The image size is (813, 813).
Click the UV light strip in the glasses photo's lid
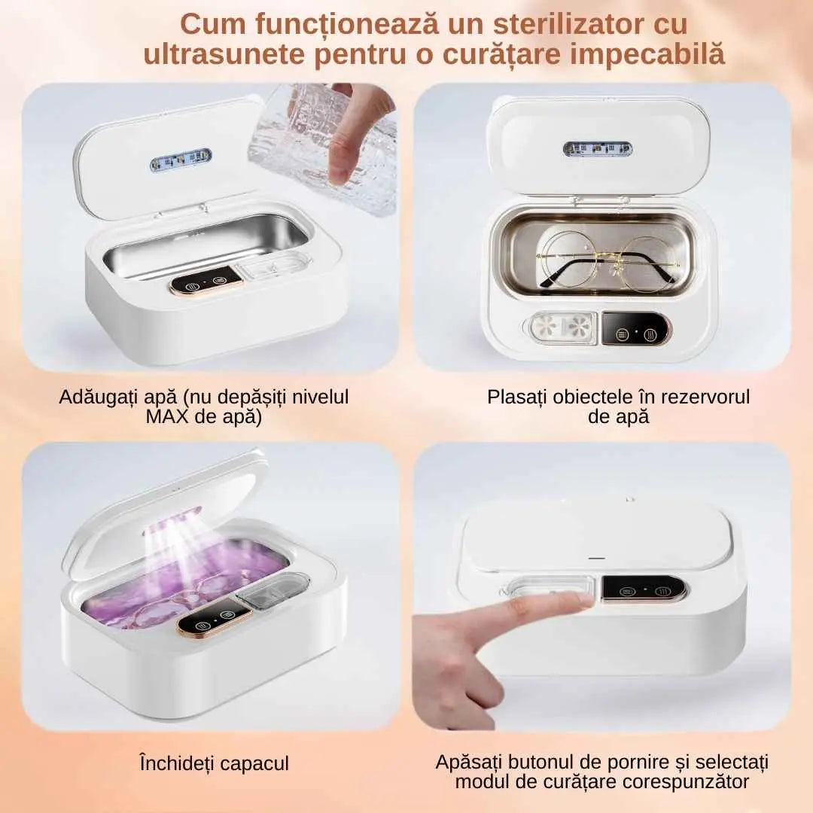point(598,149)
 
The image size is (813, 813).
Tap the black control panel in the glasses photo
point(635,329)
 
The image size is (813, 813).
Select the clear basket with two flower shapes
point(563,327)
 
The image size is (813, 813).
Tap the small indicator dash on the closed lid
point(597,559)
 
